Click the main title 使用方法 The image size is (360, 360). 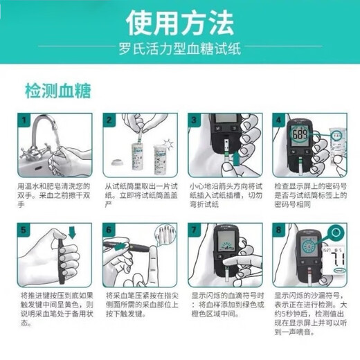coord(179,24)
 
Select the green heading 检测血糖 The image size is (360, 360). coord(57,90)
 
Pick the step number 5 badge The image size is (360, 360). coord(24,229)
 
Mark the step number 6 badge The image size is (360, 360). coord(109,229)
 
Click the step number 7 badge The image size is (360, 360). coord(195,229)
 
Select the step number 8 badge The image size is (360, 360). coord(280,229)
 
